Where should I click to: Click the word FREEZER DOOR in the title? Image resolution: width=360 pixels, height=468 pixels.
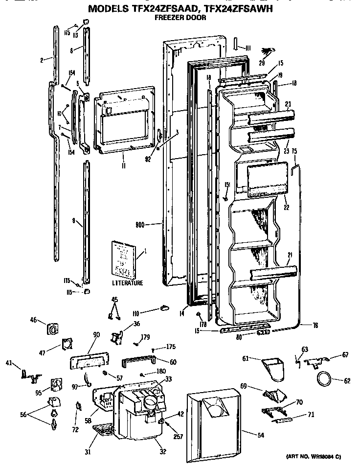click(x=180, y=18)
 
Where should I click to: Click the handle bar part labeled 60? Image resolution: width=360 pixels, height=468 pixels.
click(x=138, y=361)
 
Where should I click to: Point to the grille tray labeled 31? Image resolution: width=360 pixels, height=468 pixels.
click(x=104, y=432)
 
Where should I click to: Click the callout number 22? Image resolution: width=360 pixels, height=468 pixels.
click(x=286, y=207)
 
